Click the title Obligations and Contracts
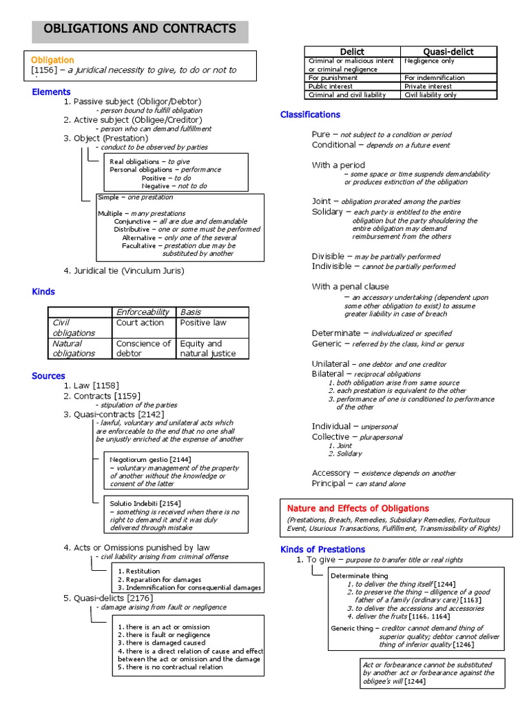[140, 29]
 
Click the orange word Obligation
[52, 60]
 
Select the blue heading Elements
[51, 92]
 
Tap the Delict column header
[352, 52]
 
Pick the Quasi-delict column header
[448, 52]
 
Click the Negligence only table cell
[429, 61]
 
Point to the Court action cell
[140, 323]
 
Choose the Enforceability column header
[143, 312]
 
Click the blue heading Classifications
[310, 114]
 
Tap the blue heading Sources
[48, 376]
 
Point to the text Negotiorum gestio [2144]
[150, 459]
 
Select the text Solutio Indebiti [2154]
[145, 503]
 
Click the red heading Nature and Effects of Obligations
[357, 508]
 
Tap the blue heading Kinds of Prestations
[322, 549]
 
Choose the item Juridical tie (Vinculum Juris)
[129, 271]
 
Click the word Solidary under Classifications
[326, 212]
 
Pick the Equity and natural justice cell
[207, 348]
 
